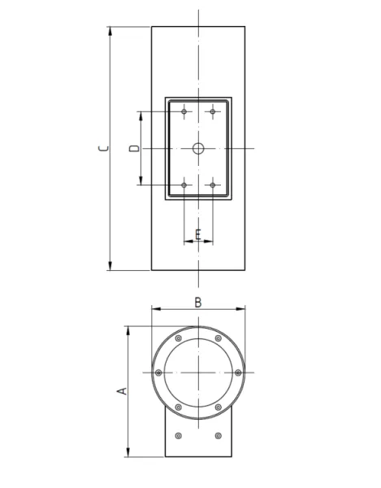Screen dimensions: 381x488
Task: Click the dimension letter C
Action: [x=103, y=148]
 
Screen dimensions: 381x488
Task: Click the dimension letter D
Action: [x=135, y=148]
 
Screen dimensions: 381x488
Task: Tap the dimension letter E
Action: [x=198, y=234]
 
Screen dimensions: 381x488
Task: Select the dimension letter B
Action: [x=198, y=303]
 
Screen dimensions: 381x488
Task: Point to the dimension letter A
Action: [x=122, y=391]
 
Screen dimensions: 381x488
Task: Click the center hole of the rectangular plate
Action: [x=198, y=149]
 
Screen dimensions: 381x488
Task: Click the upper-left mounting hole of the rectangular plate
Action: [x=184, y=111]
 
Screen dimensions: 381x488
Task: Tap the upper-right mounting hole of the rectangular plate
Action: [x=213, y=111]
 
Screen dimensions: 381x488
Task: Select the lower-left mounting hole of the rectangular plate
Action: [x=184, y=185]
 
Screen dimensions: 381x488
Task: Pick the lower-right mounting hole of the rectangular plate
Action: [x=213, y=185]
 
